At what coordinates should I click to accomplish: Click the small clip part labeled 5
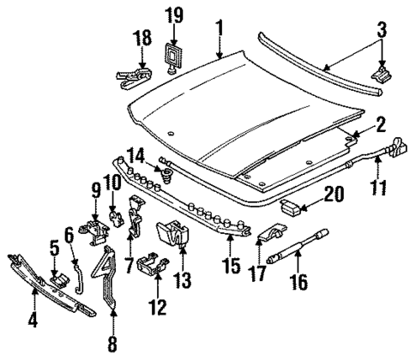59,277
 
